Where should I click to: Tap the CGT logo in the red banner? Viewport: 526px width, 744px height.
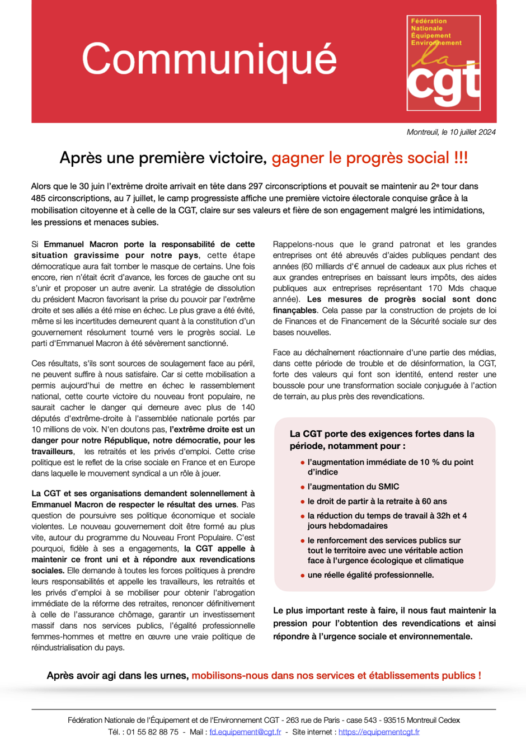pos(443,63)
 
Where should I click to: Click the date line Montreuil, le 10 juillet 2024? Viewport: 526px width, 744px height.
pos(451,133)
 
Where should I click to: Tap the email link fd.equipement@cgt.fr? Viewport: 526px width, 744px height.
pos(245,732)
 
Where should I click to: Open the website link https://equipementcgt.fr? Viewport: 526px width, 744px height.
pos(379,732)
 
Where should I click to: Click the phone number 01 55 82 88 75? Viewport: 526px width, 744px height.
pos(152,732)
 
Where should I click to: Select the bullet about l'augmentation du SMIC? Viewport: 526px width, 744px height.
pos(353,487)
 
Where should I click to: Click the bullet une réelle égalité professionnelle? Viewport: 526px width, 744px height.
pos(370,575)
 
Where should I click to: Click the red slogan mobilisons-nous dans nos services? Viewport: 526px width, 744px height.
pos(336,676)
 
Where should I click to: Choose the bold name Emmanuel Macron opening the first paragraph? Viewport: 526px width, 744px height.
pos(81,244)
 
